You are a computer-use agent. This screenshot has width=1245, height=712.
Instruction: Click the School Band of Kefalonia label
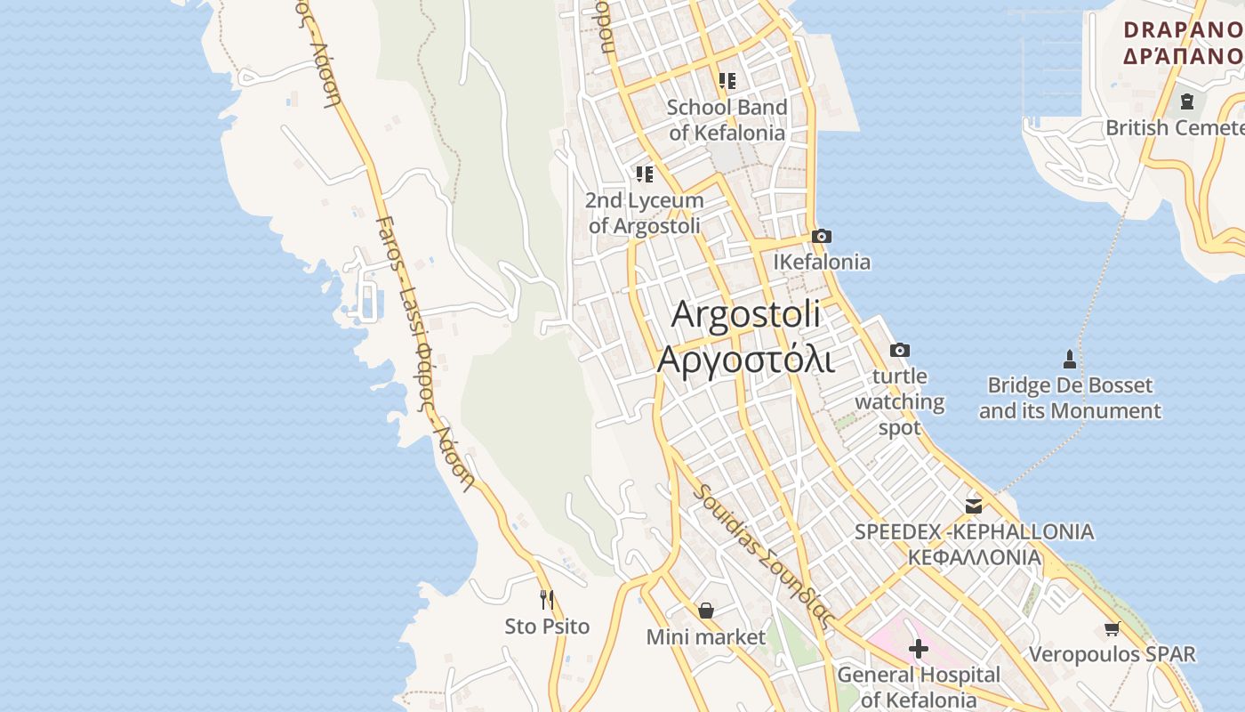(x=727, y=120)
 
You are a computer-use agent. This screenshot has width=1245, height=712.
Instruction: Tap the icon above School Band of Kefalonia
(x=727, y=81)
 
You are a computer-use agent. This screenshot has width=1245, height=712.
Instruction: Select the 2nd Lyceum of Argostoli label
(x=644, y=214)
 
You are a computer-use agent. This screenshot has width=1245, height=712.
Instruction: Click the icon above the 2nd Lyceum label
(x=645, y=174)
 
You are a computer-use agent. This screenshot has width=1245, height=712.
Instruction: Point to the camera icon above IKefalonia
(x=822, y=236)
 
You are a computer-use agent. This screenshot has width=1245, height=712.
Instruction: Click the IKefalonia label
(x=822, y=262)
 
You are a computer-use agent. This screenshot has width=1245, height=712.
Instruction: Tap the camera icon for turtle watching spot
(x=900, y=350)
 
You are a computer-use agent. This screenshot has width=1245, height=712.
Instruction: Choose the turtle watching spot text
(x=900, y=401)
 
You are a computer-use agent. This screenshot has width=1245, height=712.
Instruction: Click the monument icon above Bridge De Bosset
(x=1070, y=360)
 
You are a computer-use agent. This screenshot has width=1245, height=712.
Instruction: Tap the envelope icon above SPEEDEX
(x=974, y=506)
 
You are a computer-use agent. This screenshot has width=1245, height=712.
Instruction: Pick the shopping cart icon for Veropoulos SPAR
(x=1112, y=629)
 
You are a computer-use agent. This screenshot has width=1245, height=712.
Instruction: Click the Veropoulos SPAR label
(x=1112, y=654)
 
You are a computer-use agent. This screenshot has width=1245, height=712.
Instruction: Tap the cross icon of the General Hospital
(x=919, y=648)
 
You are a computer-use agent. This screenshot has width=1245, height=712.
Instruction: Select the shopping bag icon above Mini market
(x=706, y=611)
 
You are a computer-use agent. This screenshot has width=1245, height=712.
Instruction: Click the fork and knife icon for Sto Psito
(x=547, y=600)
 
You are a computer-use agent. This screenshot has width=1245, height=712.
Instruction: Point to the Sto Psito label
(x=547, y=627)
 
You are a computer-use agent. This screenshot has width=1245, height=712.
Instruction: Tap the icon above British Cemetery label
(x=1186, y=101)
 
